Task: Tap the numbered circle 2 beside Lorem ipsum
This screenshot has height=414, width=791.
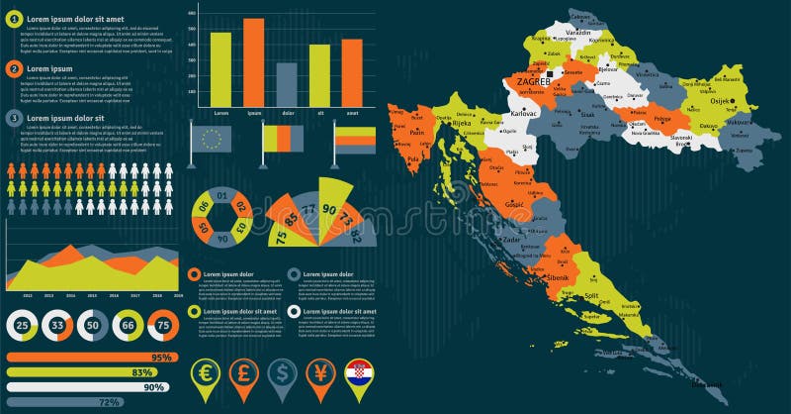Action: [14, 68]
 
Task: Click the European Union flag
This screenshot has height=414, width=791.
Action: [212, 139]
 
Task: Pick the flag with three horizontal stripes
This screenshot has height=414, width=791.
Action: [355, 141]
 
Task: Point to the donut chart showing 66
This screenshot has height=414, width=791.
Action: [128, 325]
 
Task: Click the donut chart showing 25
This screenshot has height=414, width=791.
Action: [23, 325]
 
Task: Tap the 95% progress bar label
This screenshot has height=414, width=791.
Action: [161, 357]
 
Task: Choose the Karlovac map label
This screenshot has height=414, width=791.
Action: [524, 114]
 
